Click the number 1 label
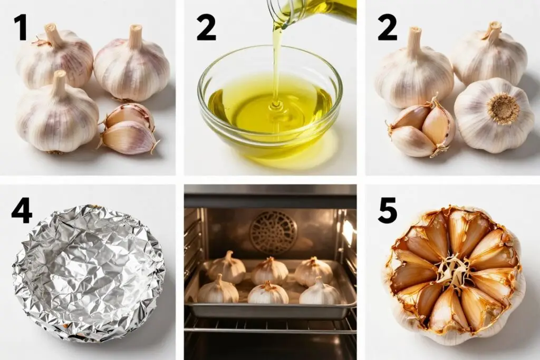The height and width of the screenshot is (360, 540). click(x=21, y=28)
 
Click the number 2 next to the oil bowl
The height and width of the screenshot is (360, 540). click(x=206, y=28)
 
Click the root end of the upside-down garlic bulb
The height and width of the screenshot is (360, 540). click(x=504, y=109)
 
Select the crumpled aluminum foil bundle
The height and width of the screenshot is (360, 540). click(x=89, y=273)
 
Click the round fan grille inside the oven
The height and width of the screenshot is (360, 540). click(x=274, y=232)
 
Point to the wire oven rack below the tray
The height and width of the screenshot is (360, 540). click(x=271, y=326)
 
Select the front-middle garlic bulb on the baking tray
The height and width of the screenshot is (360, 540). click(x=268, y=293)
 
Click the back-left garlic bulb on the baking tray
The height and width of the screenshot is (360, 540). click(x=227, y=267)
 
